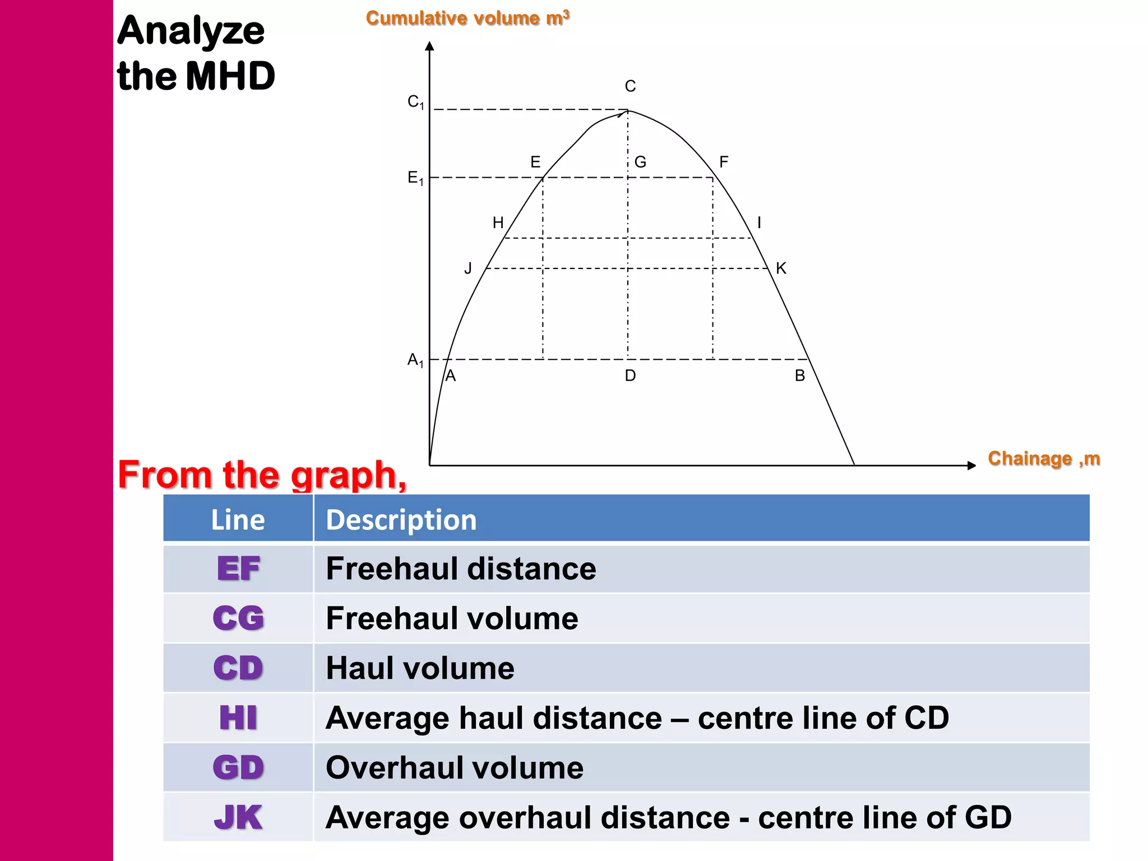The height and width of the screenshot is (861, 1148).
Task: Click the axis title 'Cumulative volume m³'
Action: coord(467,18)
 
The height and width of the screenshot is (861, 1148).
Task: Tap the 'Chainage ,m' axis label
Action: coord(1044,459)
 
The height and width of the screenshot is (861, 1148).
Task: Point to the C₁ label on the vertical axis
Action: coord(415,102)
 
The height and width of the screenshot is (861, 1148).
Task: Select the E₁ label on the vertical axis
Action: coord(415,178)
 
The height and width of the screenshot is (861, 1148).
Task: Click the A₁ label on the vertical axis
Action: coord(415,360)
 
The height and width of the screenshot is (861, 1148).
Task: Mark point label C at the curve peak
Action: coord(630,86)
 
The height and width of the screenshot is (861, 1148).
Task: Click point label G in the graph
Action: coord(640,162)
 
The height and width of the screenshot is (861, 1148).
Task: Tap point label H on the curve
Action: coord(498,223)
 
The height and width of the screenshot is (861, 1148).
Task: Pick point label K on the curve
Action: coord(781,269)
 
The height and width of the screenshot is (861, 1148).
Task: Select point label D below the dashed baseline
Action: coord(630,376)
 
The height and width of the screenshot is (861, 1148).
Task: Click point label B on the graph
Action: coord(800,376)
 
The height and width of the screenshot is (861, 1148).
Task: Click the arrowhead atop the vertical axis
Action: coord(430,46)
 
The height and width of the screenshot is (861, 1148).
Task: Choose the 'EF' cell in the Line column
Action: coord(238,569)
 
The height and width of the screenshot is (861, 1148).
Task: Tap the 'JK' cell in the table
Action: coord(238,817)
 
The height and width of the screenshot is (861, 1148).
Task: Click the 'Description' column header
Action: coord(401,520)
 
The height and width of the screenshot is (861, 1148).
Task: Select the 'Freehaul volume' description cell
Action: coord(452,618)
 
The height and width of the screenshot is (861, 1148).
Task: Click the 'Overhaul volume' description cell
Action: coord(455,767)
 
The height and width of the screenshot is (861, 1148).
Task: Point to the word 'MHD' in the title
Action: coord(230,76)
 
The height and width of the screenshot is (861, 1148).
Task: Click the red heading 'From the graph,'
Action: coord(262,475)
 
